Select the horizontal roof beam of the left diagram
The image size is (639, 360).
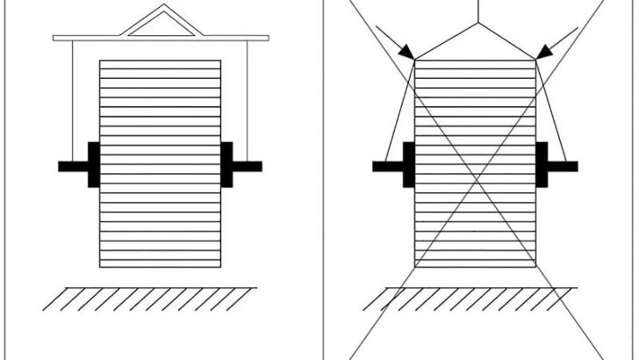pos(88,38)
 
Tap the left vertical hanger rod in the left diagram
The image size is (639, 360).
pos(71,97)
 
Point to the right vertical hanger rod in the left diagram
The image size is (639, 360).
pos(248,97)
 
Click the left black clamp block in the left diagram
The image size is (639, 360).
pos(94,164)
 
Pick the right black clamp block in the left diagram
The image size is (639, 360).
pos(226,164)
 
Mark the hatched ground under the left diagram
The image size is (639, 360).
pos(150,299)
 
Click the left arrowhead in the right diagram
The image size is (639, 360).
pos(406,54)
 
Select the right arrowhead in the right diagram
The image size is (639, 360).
pos(543,54)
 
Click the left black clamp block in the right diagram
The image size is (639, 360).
pos(408,164)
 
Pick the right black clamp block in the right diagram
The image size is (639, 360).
pos(542,164)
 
